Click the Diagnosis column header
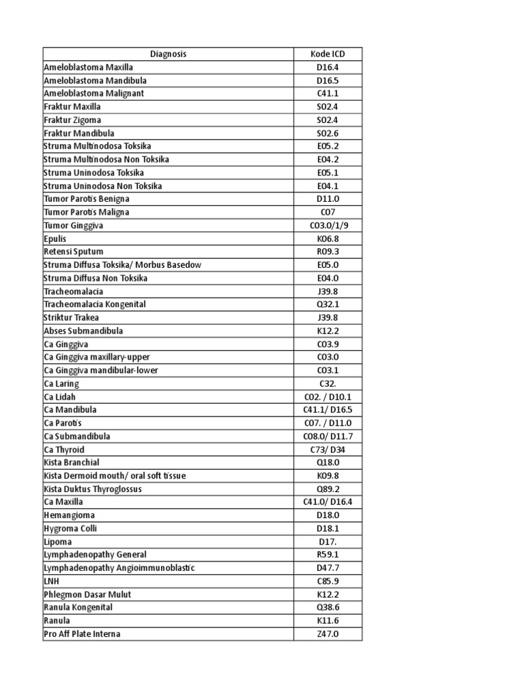(x=168, y=54)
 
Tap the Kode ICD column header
(x=328, y=54)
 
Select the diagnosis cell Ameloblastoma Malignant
(x=94, y=94)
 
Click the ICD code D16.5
(x=328, y=80)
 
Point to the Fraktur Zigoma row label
(x=73, y=120)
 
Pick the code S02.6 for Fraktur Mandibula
(x=328, y=133)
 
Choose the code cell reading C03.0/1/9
(x=328, y=226)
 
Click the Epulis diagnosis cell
(x=56, y=239)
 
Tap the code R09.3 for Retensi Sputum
(x=328, y=252)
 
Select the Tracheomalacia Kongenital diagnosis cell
(x=95, y=304)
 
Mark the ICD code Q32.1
(x=328, y=304)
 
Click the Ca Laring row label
(x=61, y=384)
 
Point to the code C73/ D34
(x=328, y=450)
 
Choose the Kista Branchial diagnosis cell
(x=71, y=463)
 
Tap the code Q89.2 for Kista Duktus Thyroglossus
(x=328, y=489)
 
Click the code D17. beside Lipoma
(x=328, y=542)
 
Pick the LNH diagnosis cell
(x=52, y=582)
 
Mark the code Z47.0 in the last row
(x=328, y=634)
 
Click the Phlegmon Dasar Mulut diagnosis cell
(x=88, y=595)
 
